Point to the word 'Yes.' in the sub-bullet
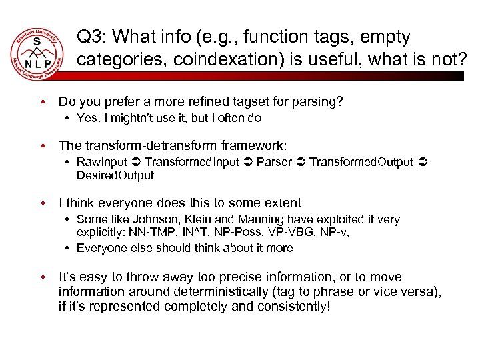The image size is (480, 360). click(x=87, y=118)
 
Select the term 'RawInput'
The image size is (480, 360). click(x=101, y=162)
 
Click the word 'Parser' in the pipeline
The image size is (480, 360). click(x=274, y=162)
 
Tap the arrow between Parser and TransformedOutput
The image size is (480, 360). click(x=301, y=162)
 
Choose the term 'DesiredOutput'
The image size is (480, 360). click(x=115, y=175)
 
